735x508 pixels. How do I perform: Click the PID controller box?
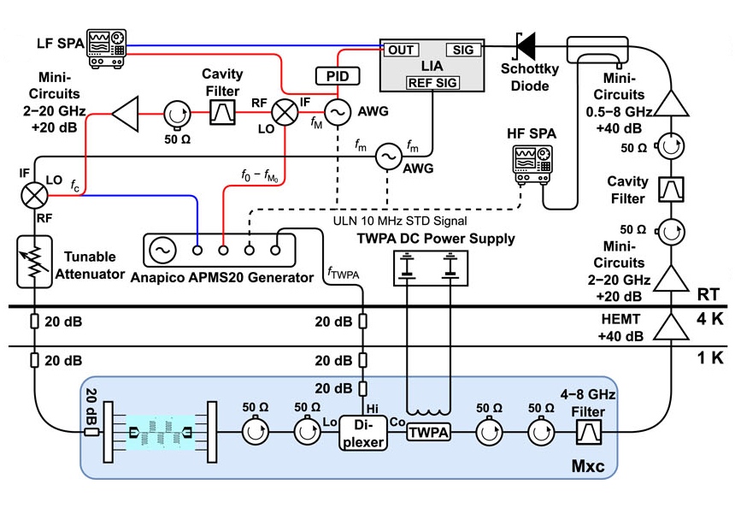(x=338, y=76)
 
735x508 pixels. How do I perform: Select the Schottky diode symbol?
(x=526, y=46)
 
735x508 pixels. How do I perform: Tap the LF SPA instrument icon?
(x=107, y=48)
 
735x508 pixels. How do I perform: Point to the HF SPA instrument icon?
(x=532, y=164)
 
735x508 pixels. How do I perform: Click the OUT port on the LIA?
(x=401, y=50)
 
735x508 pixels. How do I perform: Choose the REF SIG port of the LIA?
(x=432, y=83)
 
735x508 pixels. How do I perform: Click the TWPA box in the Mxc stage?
(x=428, y=432)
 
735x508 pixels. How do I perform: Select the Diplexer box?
(x=363, y=433)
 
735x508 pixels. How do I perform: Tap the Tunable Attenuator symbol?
(x=34, y=262)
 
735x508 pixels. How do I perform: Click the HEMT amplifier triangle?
(x=671, y=327)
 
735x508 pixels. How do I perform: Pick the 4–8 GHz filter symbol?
(x=589, y=432)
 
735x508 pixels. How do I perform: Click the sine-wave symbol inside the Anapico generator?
(x=162, y=250)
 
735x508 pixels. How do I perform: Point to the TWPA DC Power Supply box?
(x=430, y=268)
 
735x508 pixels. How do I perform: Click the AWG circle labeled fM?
(x=338, y=113)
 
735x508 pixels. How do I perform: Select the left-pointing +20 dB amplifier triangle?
(x=125, y=114)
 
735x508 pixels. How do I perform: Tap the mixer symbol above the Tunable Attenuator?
(x=35, y=195)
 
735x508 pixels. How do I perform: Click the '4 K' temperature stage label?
(x=709, y=319)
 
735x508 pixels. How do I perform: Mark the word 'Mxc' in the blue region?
(x=588, y=466)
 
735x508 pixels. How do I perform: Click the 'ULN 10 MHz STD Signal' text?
(x=400, y=221)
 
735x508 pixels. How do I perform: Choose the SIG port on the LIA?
(x=463, y=50)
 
